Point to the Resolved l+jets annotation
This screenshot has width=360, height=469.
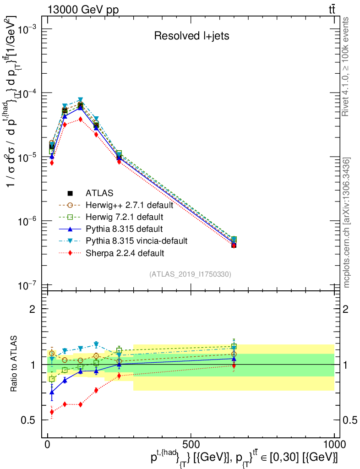[x=191, y=36]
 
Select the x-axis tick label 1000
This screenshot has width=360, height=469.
[x=334, y=445]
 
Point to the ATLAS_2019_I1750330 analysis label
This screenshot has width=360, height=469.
[x=190, y=274]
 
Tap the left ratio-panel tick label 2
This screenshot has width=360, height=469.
[x=33, y=309]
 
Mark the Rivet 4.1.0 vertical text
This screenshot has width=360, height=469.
[x=347, y=66]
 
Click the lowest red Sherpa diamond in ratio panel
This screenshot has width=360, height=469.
[x=52, y=412]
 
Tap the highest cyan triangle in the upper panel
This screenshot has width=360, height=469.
[x=80, y=99]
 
